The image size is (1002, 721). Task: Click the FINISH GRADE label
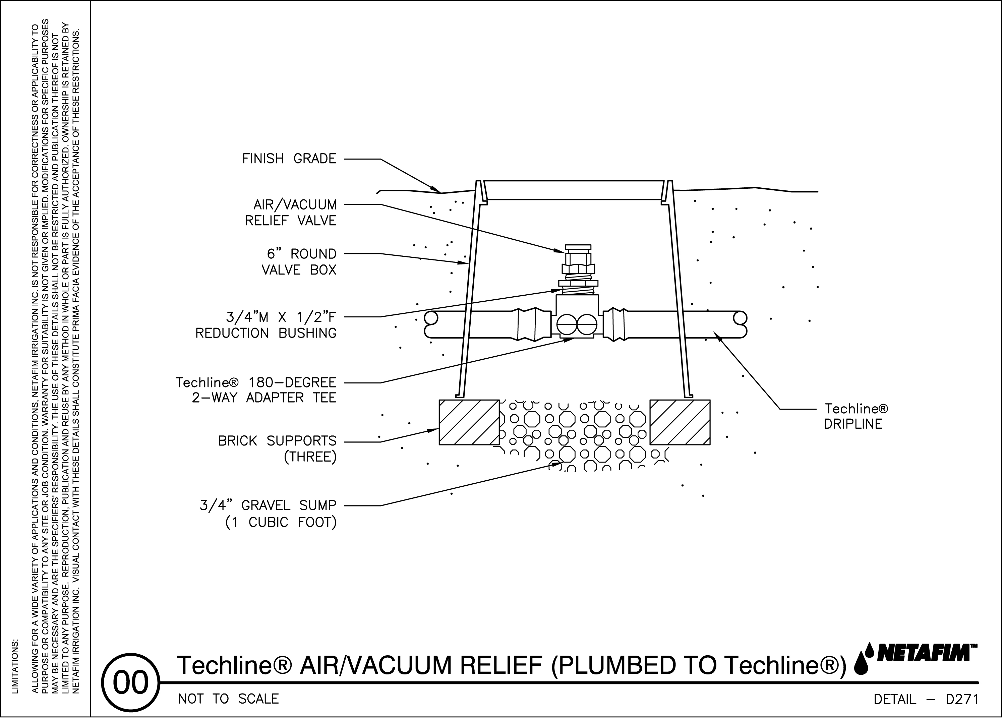tap(289, 159)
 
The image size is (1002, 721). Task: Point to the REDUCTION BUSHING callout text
tap(266, 325)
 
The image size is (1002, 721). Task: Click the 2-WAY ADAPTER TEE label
tap(256, 390)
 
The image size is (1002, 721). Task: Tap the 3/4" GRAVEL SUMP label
tap(268, 514)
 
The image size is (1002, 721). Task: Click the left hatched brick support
tap(469, 422)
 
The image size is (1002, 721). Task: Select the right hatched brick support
tap(680, 422)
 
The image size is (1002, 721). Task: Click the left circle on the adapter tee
tap(567, 325)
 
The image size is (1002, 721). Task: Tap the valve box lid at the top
tap(574, 189)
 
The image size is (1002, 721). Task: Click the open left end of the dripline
tap(430, 325)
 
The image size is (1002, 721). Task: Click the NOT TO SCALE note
tap(228, 699)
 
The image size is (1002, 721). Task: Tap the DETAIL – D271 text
tap(926, 699)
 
